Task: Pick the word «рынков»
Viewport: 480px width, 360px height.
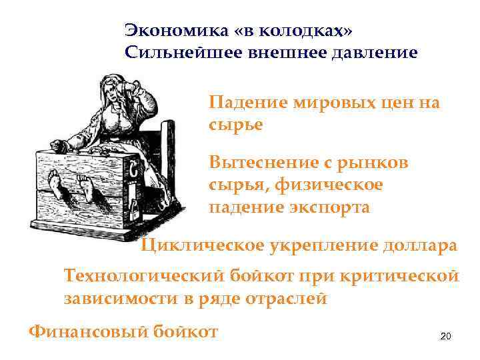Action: pos(380,163)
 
